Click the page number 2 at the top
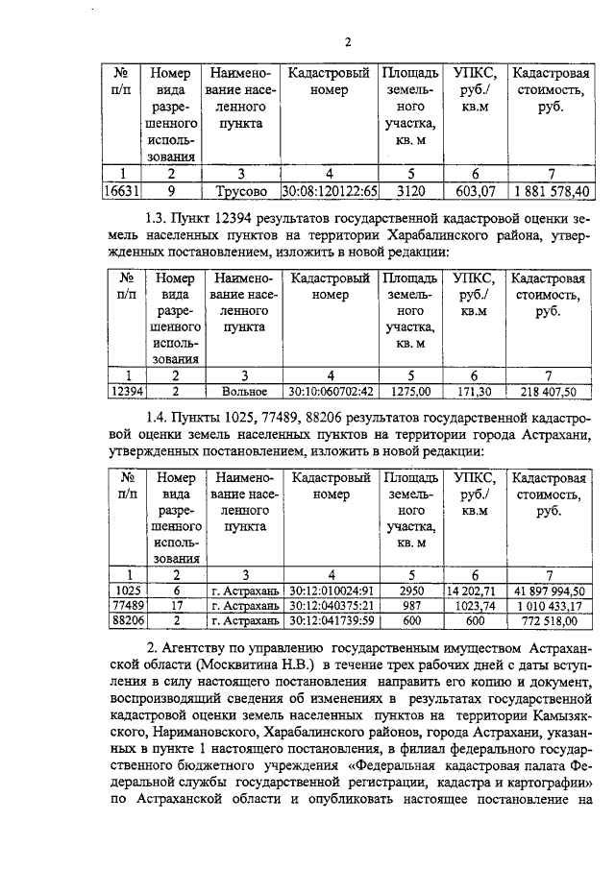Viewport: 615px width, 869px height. tap(349, 41)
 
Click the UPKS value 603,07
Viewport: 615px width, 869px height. tap(475, 191)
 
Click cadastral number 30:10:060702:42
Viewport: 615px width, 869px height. tap(331, 391)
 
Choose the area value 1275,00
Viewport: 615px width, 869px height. tap(411, 391)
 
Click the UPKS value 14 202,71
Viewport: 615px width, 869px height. tap(475, 591)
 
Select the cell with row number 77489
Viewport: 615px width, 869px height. tap(127, 606)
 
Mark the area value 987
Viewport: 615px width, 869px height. tap(411, 606)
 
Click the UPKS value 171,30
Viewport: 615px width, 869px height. tap(475, 391)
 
